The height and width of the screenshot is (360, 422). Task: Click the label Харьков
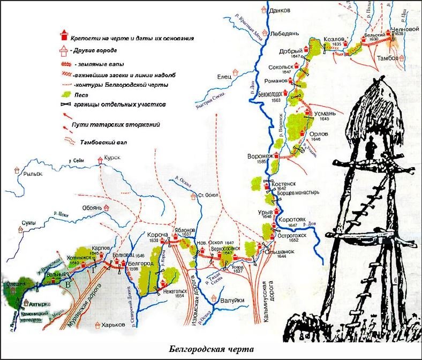coord(111,325)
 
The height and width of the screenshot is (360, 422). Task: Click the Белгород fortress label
coord(141,264)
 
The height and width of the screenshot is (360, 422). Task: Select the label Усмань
coord(325,114)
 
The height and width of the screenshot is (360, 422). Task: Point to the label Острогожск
coord(293,235)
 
